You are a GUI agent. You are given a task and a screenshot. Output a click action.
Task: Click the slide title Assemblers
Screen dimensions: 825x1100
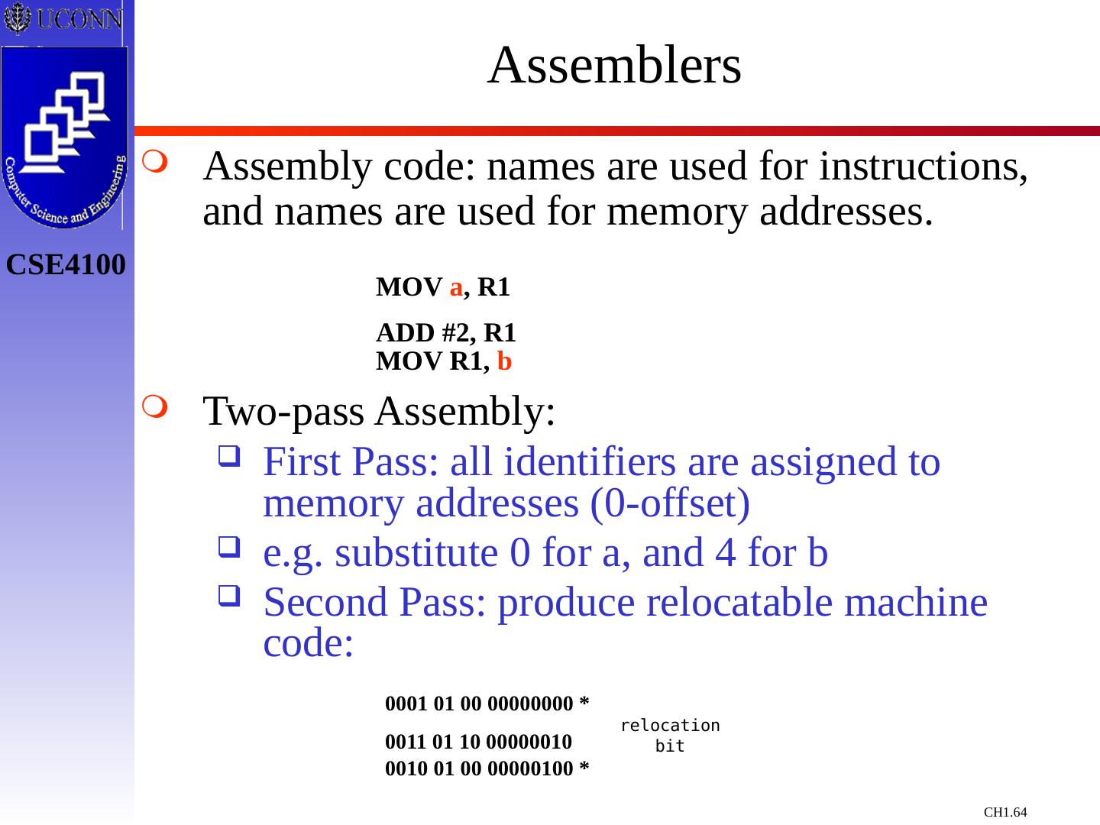614,66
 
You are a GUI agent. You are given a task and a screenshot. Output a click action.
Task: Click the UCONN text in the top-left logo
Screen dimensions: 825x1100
79,18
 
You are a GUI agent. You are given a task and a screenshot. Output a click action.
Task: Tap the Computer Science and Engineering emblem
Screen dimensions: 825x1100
65,137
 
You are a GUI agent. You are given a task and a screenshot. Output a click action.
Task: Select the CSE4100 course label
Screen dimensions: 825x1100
66,265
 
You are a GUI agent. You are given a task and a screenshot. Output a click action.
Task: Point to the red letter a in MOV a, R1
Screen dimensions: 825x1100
456,288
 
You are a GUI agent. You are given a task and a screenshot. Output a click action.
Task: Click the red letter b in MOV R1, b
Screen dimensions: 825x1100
504,361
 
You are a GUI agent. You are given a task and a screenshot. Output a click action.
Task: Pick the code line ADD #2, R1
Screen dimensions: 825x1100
446,333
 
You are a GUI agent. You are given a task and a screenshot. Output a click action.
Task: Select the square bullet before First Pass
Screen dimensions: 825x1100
228,458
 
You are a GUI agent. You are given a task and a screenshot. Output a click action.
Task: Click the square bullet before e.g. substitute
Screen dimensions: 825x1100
228,547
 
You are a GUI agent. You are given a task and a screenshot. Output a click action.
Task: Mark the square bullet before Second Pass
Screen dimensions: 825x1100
228,596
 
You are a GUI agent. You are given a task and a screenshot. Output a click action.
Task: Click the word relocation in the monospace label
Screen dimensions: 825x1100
670,726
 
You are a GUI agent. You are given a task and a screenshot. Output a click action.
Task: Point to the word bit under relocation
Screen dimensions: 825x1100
670,746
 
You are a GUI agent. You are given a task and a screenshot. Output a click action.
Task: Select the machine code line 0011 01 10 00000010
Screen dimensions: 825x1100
479,742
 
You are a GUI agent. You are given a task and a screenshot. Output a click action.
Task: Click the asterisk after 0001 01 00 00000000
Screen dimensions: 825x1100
584,702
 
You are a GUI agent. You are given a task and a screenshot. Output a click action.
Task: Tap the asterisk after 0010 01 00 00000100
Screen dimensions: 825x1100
584,768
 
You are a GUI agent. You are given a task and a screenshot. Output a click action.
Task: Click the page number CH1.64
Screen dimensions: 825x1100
1005,812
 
